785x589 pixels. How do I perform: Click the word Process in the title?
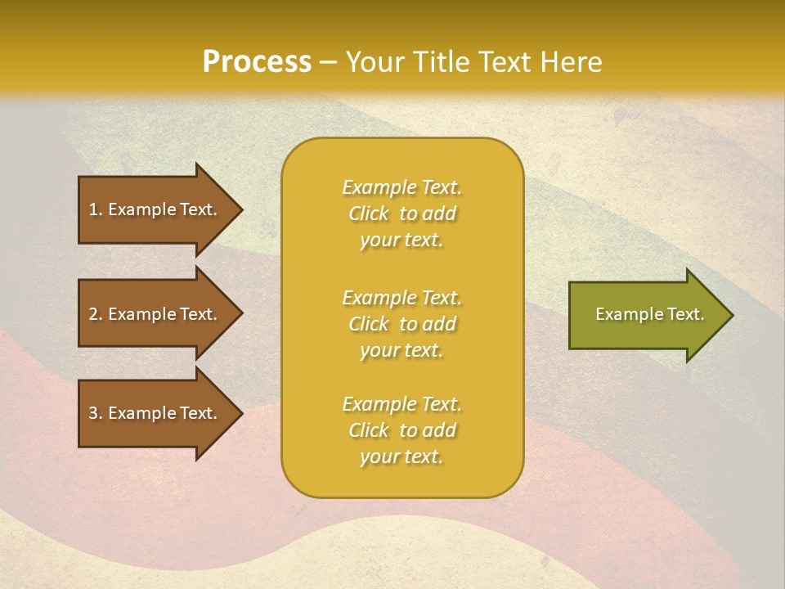tap(257, 62)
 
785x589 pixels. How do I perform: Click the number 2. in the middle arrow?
tap(96, 314)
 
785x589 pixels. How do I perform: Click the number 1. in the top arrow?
tap(96, 209)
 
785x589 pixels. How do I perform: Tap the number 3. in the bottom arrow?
tap(96, 413)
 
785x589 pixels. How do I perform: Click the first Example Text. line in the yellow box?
tap(401, 187)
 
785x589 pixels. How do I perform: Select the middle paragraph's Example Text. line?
tap(401, 298)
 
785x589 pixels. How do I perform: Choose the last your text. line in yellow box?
tap(401, 456)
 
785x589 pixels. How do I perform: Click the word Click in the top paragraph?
tap(369, 214)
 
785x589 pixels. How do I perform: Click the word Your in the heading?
tap(375, 62)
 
